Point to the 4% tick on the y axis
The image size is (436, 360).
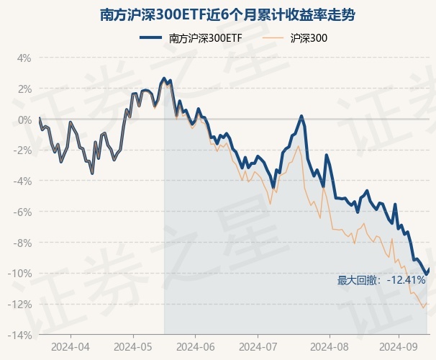coord(24,58)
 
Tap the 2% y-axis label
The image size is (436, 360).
coord(24,89)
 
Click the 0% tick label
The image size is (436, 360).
coord(24,120)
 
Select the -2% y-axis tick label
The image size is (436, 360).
coord(23,150)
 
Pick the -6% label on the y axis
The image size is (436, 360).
coord(23,212)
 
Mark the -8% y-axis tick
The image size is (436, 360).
coord(23,243)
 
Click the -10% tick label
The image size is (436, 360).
coord(21,274)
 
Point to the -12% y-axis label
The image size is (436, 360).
coord(21,305)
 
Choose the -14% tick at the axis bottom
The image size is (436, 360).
coord(21,336)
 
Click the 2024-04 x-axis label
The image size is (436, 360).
coord(71,346)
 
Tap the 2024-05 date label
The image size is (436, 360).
coord(133,346)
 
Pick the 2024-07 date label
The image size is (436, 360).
coord(260,346)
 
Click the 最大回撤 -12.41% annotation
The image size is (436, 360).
coord(381,280)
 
